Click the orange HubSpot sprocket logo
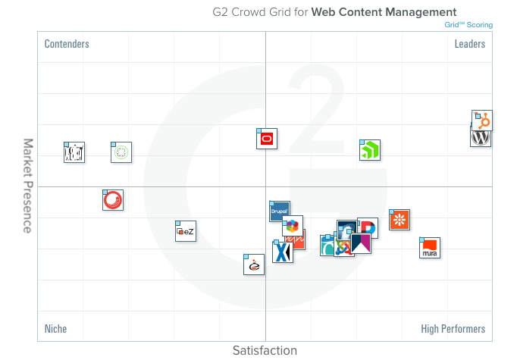coord(483,121)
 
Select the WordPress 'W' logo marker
coord(481,138)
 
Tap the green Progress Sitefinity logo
coord(370,151)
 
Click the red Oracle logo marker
coord(267,139)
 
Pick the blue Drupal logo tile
coord(279,211)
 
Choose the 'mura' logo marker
coord(430,248)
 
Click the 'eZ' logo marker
coord(186,232)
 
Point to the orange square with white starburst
coord(399,220)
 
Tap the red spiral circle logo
coord(113,200)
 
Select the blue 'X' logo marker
coord(283,252)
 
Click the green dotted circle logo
coord(121,152)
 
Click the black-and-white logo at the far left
coord(74,152)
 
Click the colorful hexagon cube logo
coord(293,226)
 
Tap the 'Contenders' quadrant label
coord(67,44)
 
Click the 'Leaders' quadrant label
coord(469,44)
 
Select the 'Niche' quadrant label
coord(55,329)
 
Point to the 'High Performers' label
coord(453,329)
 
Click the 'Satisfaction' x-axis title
coord(265,350)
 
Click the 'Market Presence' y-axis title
coord(27,186)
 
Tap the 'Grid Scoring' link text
coord(468,25)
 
